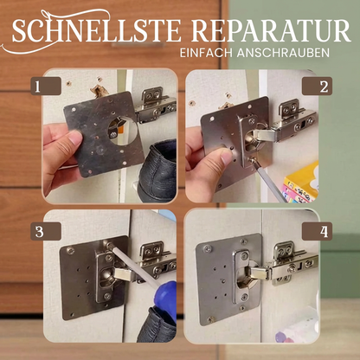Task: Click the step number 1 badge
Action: pyautogui.click(x=36, y=87)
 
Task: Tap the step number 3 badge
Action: pyautogui.click(x=36, y=232)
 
